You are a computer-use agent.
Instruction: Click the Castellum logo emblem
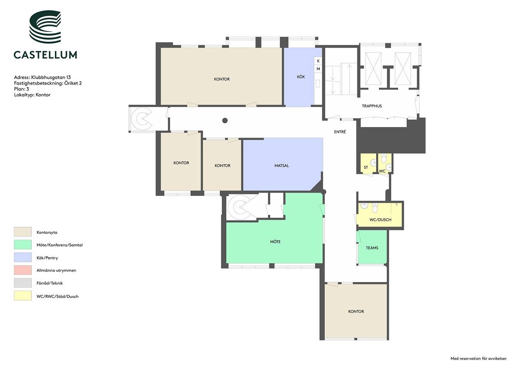coord(45,27)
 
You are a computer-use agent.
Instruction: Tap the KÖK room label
coord(301,77)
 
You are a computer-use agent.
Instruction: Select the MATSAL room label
coord(282,166)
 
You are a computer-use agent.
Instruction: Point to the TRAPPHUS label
coord(372,106)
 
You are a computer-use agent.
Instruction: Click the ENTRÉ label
coord(340,132)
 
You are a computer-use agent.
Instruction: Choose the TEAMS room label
coord(372,248)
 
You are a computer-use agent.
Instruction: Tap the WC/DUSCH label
coord(381,220)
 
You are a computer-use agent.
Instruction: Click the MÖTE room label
coord(275,242)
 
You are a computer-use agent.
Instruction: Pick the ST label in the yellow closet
coord(366,167)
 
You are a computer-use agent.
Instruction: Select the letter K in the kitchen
coord(318,61)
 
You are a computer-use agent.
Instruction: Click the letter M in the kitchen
coord(318,69)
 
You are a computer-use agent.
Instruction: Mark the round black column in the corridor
coord(225,120)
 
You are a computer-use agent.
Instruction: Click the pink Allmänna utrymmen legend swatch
coord(23,270)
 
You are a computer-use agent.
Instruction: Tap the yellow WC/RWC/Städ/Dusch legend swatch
coord(23,296)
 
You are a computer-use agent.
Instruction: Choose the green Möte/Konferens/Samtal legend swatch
coord(23,245)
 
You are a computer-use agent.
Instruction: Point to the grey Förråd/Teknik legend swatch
coord(23,283)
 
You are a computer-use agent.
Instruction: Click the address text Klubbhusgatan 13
coord(51,77)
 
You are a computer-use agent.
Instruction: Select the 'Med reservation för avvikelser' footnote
coord(478,359)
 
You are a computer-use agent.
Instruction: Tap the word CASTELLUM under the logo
coord(46,55)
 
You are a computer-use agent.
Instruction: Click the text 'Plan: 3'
coord(21,89)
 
